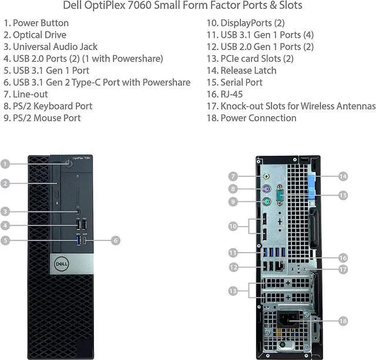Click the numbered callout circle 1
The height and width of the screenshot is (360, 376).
(5, 164)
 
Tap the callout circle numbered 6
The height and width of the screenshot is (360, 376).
(115, 240)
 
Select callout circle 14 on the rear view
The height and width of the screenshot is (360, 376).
(343, 176)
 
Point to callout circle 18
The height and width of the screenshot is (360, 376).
(343, 320)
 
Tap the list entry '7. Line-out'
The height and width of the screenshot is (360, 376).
(26, 94)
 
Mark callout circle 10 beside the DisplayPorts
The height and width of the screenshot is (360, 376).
(233, 226)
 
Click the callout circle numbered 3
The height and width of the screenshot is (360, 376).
(5, 211)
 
